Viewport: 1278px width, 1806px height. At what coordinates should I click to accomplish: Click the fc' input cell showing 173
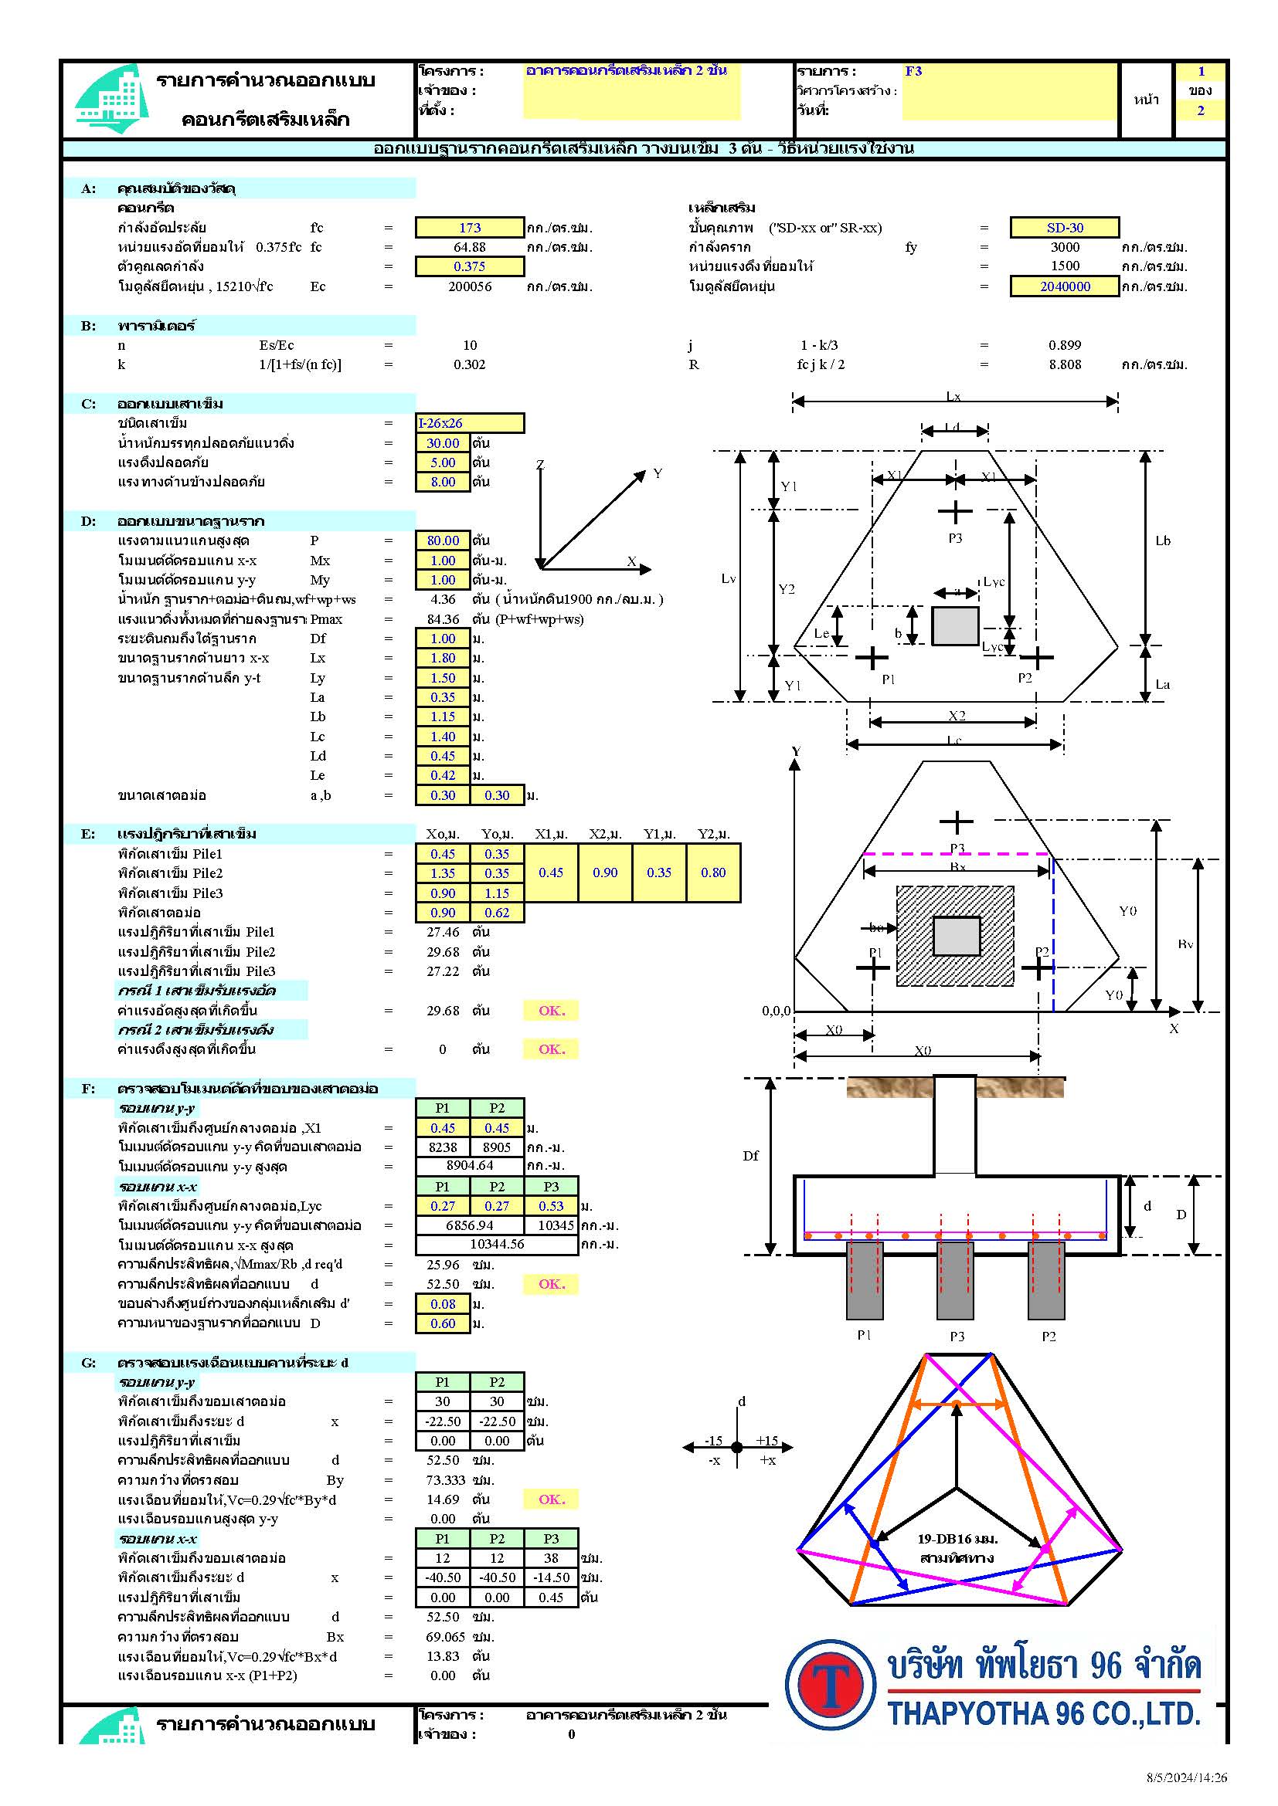469,227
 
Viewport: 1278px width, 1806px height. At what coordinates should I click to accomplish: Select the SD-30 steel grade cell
1064,227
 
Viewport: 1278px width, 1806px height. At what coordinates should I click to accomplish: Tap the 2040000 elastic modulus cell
1064,286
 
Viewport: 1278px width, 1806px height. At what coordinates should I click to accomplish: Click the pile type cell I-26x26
469,423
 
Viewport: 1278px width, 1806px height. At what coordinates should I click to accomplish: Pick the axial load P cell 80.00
442,540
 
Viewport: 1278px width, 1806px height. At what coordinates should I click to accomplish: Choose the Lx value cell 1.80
442,658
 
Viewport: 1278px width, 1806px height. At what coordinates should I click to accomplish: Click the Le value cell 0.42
442,774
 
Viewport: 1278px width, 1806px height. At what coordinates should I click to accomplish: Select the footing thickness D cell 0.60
442,1323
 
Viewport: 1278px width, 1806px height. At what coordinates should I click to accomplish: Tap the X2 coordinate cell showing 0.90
604,873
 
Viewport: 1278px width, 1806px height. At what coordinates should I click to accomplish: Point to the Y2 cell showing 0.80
713,873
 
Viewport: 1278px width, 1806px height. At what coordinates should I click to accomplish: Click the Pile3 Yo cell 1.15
497,893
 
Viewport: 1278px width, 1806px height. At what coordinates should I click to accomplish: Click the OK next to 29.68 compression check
551,1010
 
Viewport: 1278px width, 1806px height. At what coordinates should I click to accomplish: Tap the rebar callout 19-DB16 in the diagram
957,1539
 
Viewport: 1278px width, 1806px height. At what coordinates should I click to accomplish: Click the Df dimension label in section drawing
751,1156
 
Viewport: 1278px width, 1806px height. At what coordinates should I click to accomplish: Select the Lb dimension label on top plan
1162,540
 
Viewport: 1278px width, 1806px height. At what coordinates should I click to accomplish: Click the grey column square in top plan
954,626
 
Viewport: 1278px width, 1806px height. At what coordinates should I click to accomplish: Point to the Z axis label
540,464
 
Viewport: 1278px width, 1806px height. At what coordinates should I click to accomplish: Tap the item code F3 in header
913,71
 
